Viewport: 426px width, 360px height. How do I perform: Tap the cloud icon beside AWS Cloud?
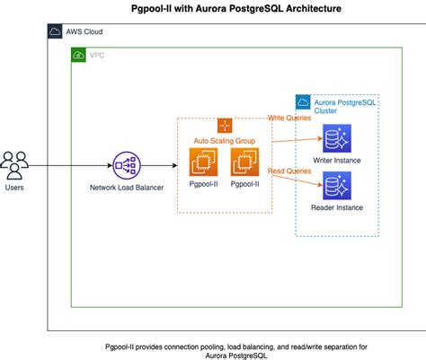56,32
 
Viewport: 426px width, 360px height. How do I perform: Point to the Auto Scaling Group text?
225,140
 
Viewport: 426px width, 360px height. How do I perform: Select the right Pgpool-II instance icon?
244,162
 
